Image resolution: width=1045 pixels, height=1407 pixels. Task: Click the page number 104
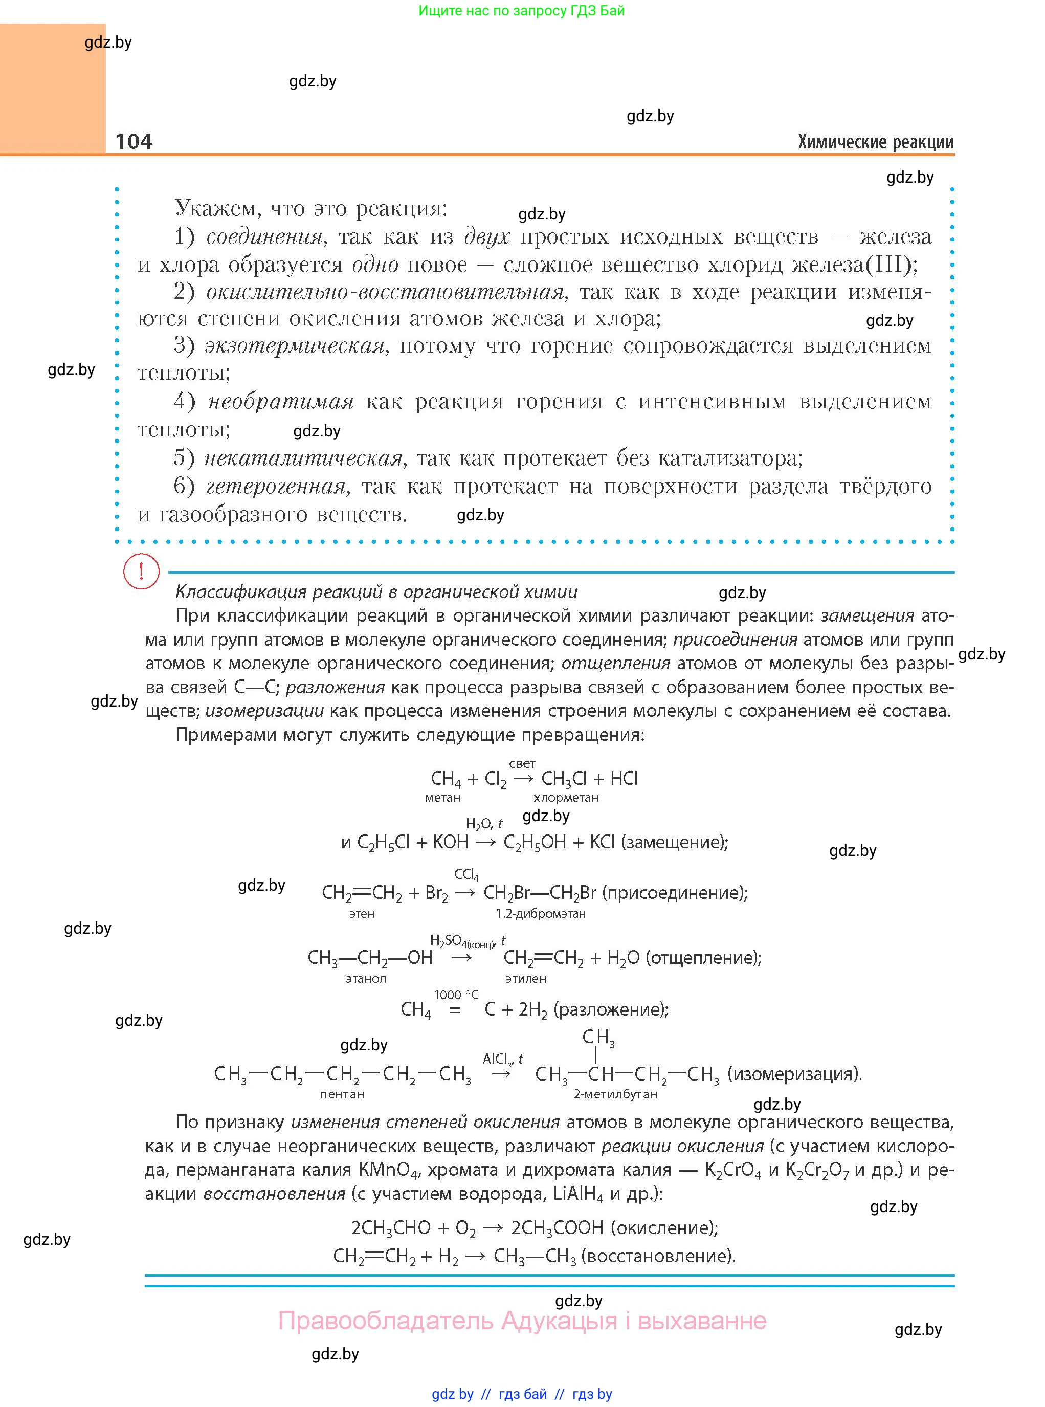134,141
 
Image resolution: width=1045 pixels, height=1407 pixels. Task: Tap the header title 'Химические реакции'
876,142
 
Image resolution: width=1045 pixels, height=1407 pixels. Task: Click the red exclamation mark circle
141,571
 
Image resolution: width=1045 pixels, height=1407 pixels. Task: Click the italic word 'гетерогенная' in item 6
276,486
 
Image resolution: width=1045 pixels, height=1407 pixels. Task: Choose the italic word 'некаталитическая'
304,458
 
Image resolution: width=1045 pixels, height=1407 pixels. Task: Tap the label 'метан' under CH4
443,798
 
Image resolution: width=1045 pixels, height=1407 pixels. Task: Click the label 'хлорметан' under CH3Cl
566,798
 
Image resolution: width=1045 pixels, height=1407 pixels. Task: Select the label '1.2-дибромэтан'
541,914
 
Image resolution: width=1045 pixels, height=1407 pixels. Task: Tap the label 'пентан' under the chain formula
342,1094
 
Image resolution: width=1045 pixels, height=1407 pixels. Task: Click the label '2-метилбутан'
615,1094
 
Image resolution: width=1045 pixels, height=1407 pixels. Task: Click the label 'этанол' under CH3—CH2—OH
366,979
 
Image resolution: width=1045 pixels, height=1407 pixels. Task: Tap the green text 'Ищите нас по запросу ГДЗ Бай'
522,11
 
